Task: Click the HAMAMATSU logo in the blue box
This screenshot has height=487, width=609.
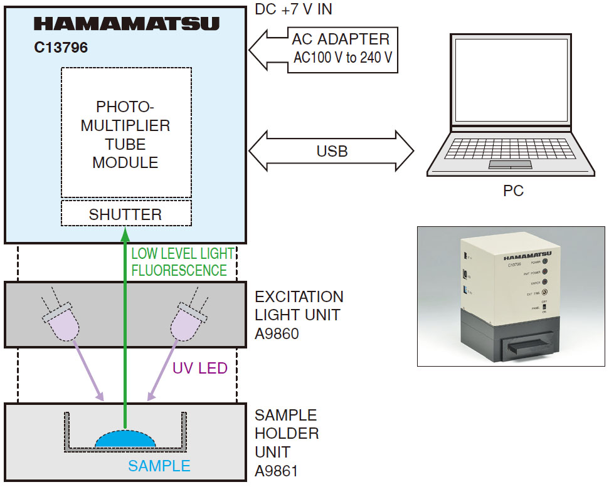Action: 126,24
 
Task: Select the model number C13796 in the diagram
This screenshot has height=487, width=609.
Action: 61,48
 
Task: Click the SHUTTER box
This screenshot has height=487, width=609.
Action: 126,214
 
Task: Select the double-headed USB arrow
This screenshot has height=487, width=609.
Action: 332,151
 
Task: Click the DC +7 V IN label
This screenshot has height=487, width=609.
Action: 294,9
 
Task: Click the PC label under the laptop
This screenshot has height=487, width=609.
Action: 513,191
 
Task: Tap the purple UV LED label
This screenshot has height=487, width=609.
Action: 199,369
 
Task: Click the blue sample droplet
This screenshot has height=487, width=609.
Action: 125,439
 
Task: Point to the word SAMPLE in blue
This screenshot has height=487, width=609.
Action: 159,466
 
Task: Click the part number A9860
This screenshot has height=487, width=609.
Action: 277,333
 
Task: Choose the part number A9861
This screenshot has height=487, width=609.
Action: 277,471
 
